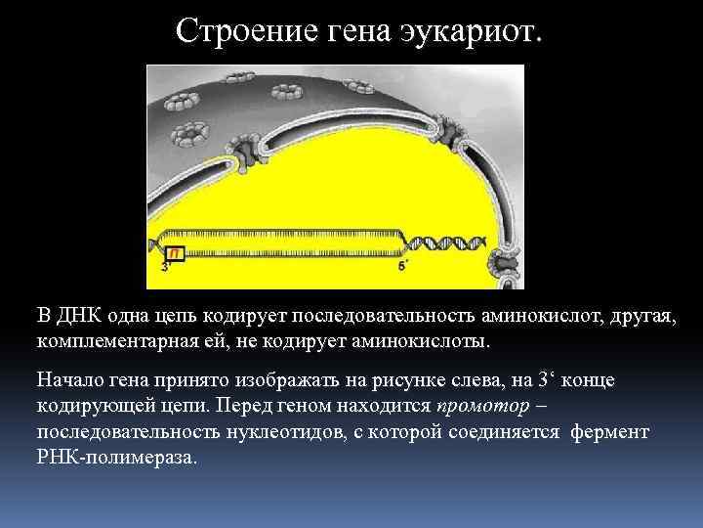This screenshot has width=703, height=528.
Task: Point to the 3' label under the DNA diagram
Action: tap(165, 266)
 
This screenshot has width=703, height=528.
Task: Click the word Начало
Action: tap(70, 379)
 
